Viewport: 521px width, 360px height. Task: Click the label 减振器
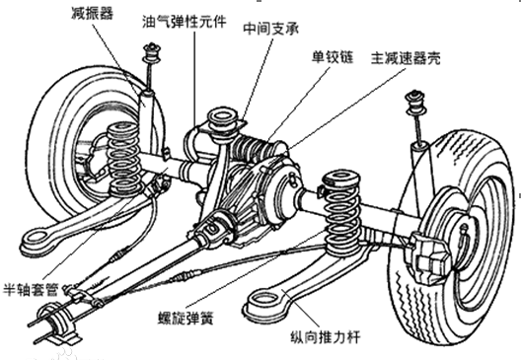[92, 13]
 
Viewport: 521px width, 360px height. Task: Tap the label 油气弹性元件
[185, 22]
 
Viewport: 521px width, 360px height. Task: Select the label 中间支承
[271, 29]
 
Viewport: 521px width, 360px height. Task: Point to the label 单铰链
[332, 57]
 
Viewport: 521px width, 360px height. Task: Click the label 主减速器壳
[406, 58]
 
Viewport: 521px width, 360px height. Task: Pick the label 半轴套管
[31, 289]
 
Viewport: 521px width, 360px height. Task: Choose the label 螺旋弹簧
[186, 318]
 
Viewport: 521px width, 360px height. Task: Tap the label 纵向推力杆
[326, 337]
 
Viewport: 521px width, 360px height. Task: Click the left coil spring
[123, 159]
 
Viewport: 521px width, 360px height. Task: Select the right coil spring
[341, 212]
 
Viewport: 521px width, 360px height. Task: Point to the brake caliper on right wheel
[430, 253]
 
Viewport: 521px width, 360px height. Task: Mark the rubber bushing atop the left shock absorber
[152, 53]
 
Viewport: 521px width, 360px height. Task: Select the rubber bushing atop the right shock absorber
[415, 102]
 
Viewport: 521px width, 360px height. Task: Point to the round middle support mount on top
[222, 120]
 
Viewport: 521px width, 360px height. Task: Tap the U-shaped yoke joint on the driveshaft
[213, 228]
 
